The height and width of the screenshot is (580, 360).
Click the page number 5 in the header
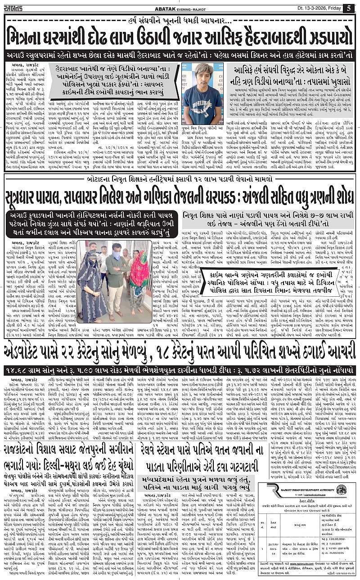(x=349, y=7)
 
